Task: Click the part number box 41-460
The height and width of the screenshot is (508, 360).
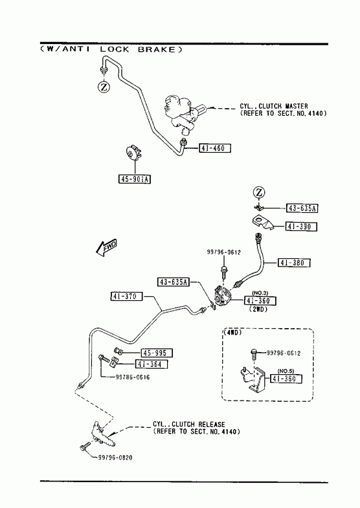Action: click(x=214, y=148)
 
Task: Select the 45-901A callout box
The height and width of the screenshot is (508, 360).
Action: click(x=135, y=179)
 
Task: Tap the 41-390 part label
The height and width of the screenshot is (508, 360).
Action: click(x=301, y=226)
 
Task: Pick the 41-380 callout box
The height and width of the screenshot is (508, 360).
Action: click(x=294, y=263)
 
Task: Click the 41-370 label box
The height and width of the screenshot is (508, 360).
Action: click(x=126, y=296)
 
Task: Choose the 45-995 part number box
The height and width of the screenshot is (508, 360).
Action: click(x=157, y=353)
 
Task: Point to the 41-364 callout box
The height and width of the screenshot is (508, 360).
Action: click(x=152, y=364)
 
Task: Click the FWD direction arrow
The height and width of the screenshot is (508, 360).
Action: click(x=106, y=247)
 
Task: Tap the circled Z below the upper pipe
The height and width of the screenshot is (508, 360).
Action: click(x=104, y=87)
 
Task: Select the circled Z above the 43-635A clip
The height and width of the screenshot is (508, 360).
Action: click(x=259, y=192)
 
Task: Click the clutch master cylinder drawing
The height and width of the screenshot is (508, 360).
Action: click(x=183, y=113)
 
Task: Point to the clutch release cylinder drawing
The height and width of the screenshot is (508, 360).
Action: click(x=101, y=432)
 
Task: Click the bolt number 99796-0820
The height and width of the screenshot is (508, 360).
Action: click(x=115, y=458)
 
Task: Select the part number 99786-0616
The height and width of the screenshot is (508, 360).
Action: click(x=133, y=377)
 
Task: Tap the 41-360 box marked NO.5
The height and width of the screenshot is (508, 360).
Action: click(x=286, y=379)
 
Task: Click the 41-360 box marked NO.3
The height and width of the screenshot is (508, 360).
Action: click(x=260, y=301)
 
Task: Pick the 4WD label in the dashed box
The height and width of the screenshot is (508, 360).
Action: click(x=232, y=333)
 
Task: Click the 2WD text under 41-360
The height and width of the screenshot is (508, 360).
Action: click(x=258, y=309)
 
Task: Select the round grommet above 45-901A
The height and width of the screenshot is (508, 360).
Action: click(x=133, y=153)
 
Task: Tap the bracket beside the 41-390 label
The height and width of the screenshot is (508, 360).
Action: click(x=262, y=223)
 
